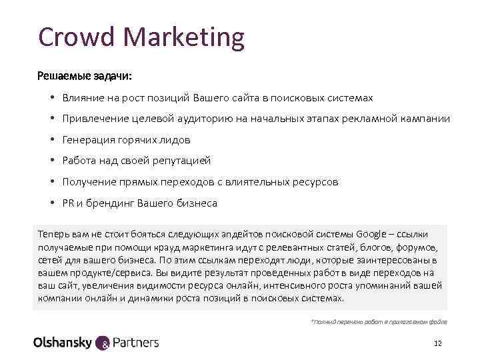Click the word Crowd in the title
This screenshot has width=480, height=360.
(71, 37)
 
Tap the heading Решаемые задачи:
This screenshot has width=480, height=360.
(85, 75)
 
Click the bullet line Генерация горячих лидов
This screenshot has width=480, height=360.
(126, 140)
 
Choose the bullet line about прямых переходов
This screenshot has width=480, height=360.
(200, 181)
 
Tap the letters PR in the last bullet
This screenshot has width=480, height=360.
(68, 203)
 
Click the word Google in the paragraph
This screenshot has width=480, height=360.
(371, 234)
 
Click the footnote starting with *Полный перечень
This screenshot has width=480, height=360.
(379, 321)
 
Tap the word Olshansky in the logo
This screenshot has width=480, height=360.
(63, 343)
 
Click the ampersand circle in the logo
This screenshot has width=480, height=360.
(105, 343)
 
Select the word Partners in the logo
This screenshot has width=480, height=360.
(137, 343)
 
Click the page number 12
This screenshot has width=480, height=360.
(437, 343)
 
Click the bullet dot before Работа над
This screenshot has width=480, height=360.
(51, 161)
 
